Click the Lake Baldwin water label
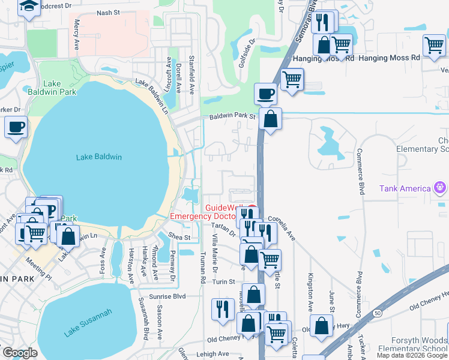(x=99, y=157)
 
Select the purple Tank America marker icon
(x=441, y=188)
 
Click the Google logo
(x=19, y=353)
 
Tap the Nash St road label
(x=108, y=13)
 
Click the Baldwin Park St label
(x=232, y=117)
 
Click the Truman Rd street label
(x=203, y=267)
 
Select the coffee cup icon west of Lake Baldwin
(x=16, y=127)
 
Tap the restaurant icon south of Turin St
(x=223, y=308)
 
